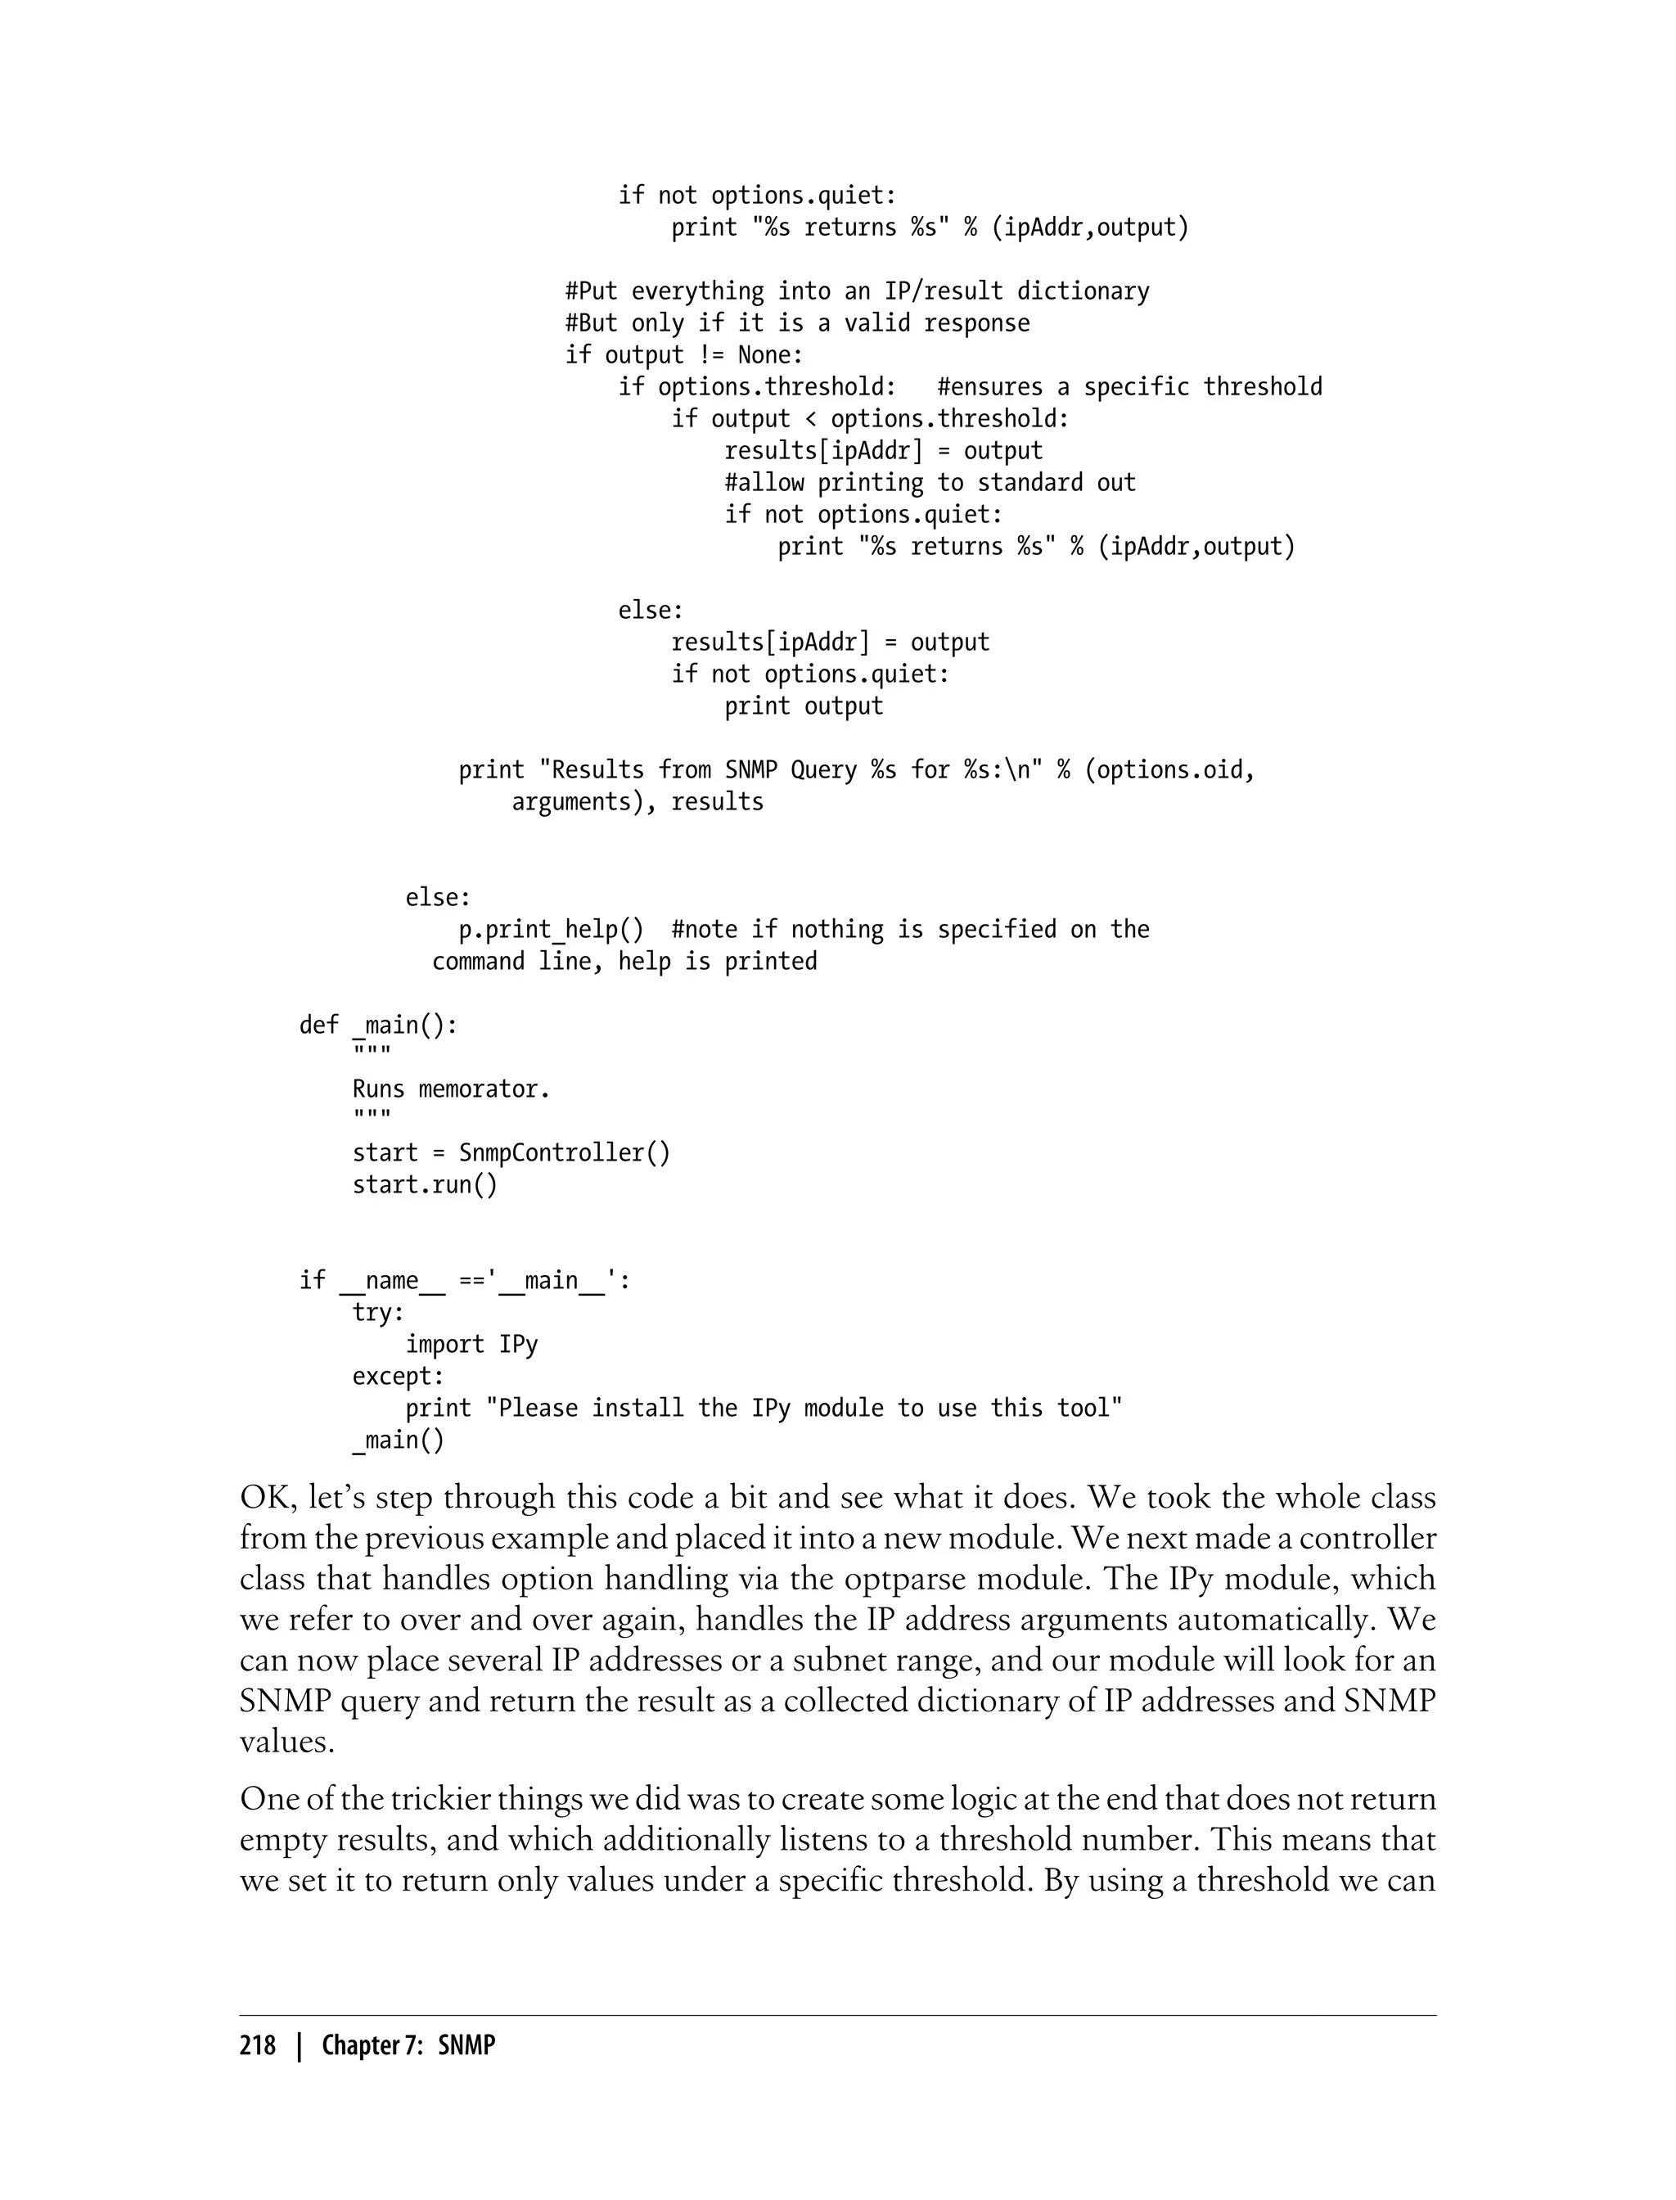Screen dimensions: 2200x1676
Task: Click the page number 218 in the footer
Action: [258, 2044]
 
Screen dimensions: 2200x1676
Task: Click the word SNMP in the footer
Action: [466, 2044]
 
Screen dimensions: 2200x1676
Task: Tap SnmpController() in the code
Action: [564, 1152]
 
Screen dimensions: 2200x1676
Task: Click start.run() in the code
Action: [424, 1184]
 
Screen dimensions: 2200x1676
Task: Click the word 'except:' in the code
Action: [398, 1376]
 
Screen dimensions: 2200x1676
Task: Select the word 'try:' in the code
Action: [378, 1312]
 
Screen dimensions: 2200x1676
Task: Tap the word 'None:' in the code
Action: [769, 355]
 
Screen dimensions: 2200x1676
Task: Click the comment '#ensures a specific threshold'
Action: [1129, 387]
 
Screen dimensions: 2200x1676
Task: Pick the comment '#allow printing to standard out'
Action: [930, 483]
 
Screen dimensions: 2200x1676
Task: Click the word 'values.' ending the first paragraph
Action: [286, 1741]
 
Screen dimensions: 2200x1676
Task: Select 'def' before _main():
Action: [318, 1025]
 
